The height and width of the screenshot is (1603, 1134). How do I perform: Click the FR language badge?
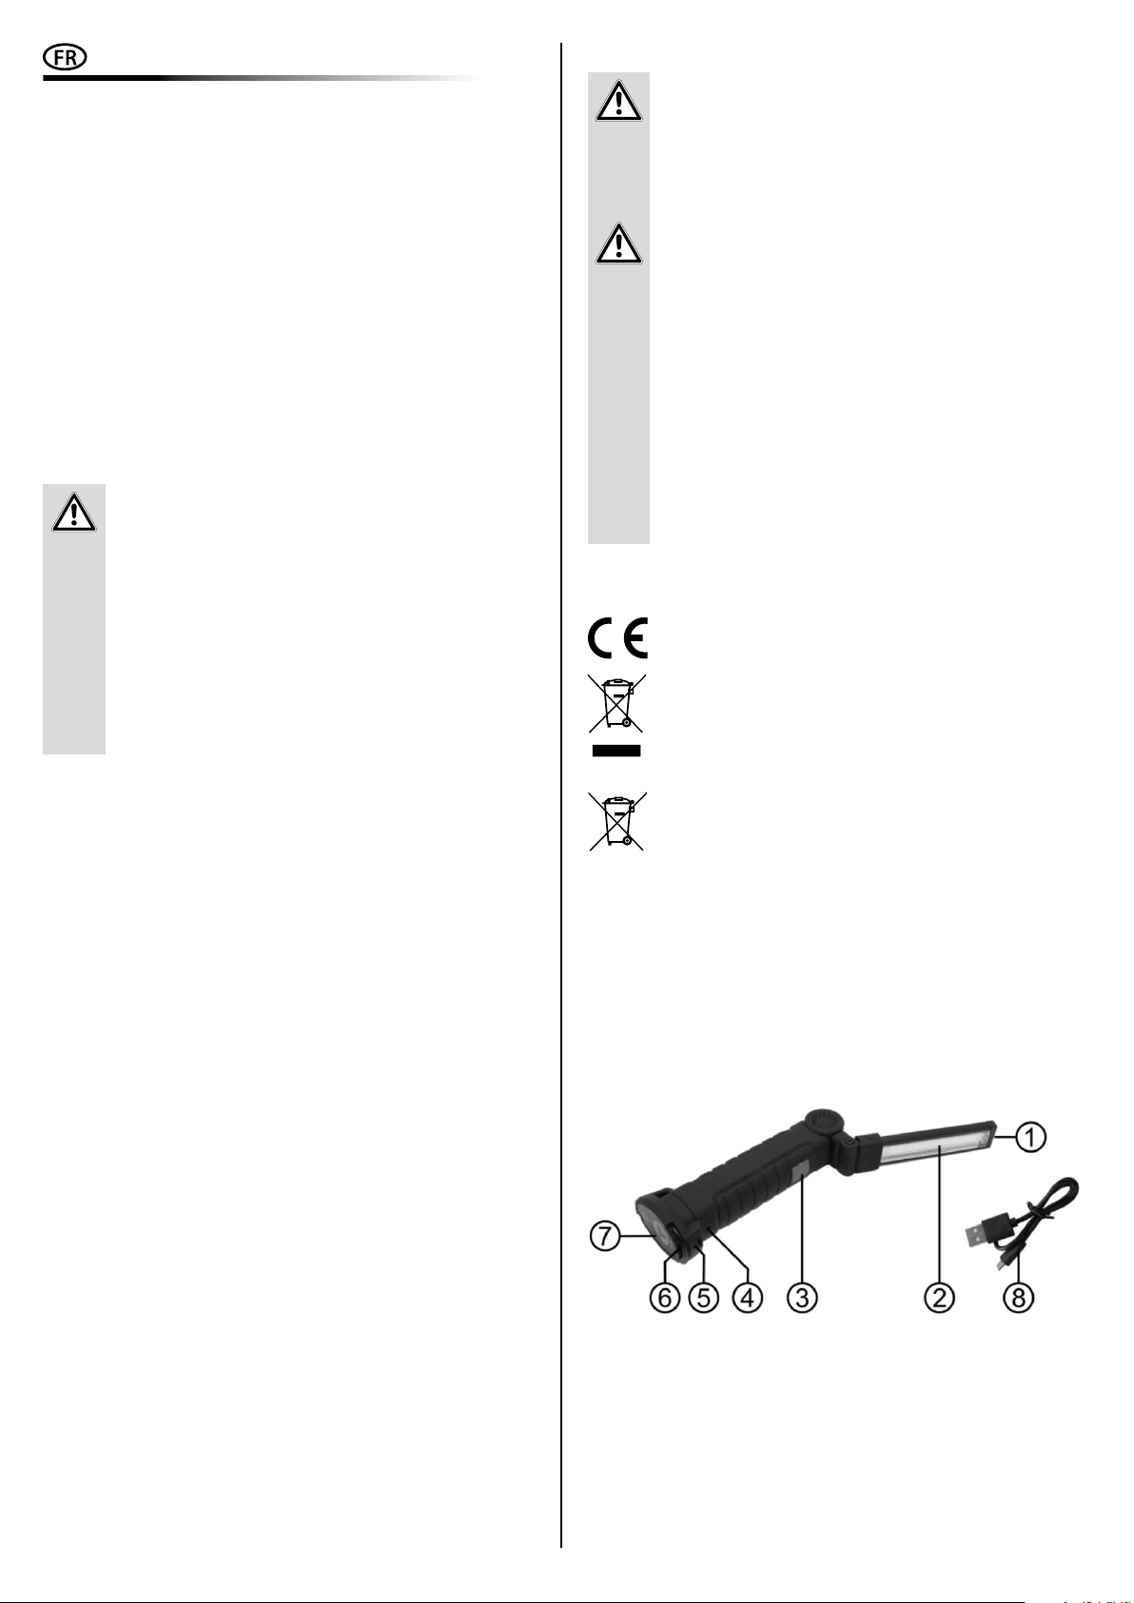coord(65,58)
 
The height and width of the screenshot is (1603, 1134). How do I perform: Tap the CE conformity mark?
coord(617,637)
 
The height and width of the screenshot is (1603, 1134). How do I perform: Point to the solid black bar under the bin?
coord(616,751)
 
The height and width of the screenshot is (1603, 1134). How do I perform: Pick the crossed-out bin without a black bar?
coord(616,822)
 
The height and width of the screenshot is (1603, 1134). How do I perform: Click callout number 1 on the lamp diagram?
coord(1031,1137)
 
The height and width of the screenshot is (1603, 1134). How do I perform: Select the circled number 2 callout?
coord(939,1297)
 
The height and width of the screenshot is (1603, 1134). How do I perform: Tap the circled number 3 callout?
coord(802,1297)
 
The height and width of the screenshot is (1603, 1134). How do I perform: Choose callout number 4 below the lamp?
coord(748,1297)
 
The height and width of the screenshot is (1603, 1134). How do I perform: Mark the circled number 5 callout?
coord(703,1297)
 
